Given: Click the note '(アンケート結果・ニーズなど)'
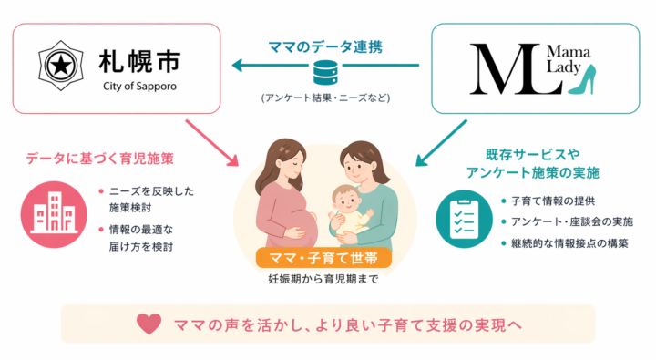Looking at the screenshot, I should click(x=325, y=96).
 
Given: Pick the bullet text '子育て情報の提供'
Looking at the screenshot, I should click(x=552, y=201).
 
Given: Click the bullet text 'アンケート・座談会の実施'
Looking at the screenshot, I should click(x=572, y=221).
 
